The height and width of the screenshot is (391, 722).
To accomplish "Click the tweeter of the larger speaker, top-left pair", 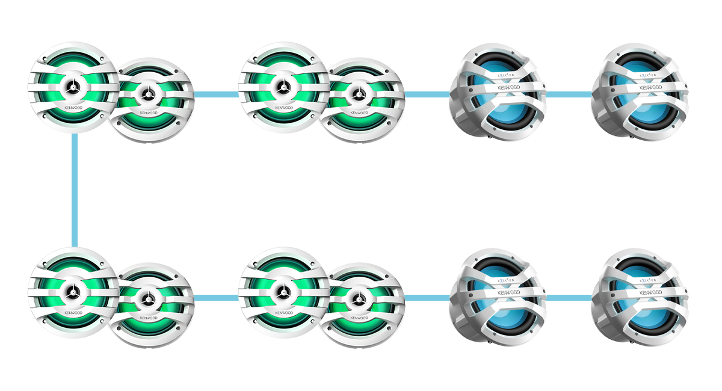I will tap(73, 88).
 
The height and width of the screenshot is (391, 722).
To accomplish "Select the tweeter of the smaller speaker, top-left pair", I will tap(148, 93).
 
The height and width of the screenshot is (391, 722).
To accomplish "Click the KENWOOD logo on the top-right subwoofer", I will tap(650, 88).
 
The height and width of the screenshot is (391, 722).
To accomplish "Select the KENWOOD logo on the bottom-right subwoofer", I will tap(650, 293).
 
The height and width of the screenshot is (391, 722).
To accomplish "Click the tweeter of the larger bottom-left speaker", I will tap(73, 293).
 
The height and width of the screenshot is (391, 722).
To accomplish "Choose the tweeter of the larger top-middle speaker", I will tap(283, 88).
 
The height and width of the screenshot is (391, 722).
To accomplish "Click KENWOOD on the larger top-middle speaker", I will tap(283, 108).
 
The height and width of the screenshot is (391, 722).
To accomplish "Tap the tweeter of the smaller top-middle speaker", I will tap(359, 93).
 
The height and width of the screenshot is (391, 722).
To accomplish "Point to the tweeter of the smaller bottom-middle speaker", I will tap(359, 298).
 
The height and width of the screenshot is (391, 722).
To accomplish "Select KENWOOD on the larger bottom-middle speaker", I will tap(283, 313).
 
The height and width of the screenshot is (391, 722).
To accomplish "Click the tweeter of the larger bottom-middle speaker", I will tap(283, 293).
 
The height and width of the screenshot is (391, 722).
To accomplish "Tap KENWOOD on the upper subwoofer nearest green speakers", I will tap(508, 88).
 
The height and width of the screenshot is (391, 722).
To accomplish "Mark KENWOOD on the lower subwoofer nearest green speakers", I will tap(508, 293).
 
